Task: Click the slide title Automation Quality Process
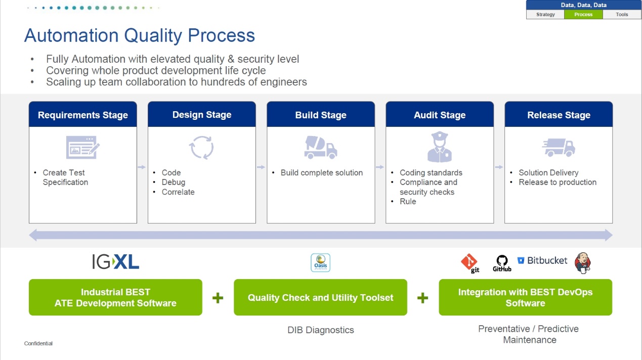pos(140,36)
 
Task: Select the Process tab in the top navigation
pos(583,15)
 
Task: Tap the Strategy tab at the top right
pos(545,15)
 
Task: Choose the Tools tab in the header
pos(622,15)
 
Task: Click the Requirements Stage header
pos(83,115)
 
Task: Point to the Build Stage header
pos(321,115)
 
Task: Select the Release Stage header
pos(559,115)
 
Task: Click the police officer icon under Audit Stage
pos(440,147)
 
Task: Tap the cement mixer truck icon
pos(321,147)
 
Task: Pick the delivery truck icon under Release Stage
pos(559,148)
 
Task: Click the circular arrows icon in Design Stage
pos(201,148)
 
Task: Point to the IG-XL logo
pos(115,261)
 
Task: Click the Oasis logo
pos(320,263)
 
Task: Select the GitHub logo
pos(502,263)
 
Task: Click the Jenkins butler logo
pos(582,262)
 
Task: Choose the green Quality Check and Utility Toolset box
pos(320,297)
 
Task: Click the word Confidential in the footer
pos(38,344)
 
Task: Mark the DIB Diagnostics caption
pos(321,330)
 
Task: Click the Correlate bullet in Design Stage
pos(178,192)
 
